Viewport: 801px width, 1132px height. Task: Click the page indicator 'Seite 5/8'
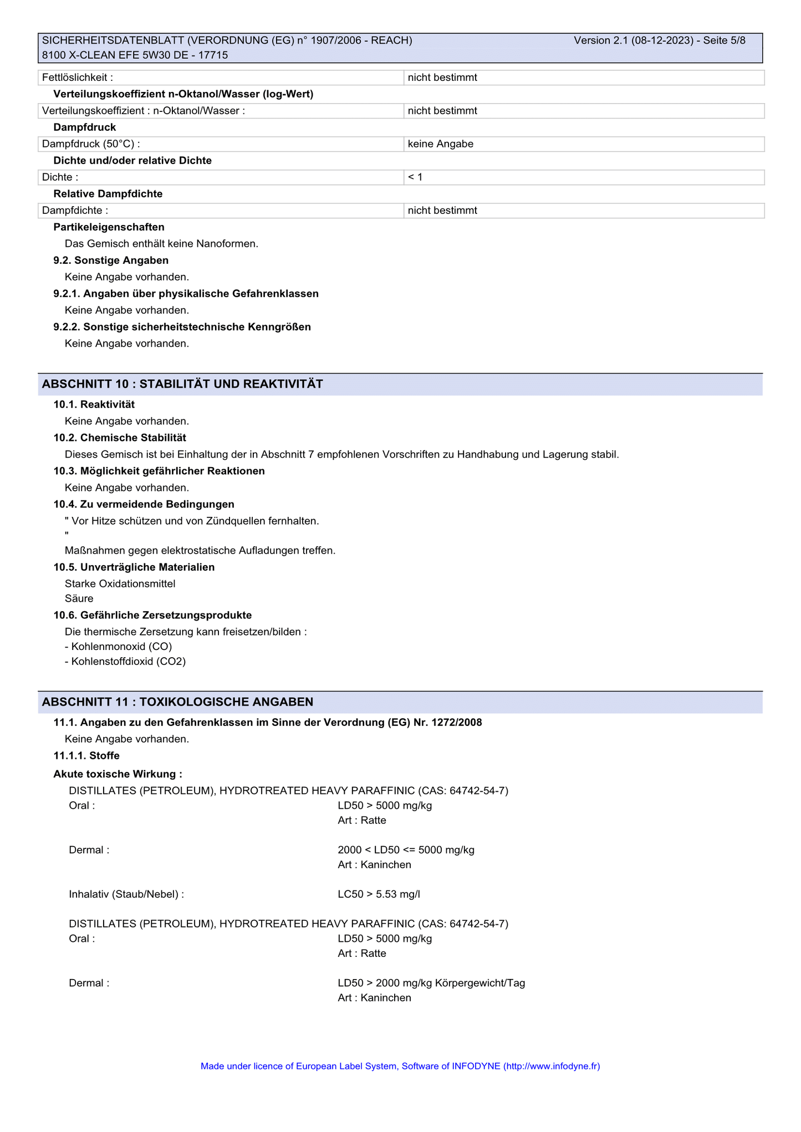pos(724,40)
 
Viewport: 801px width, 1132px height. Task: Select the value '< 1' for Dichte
pos(415,177)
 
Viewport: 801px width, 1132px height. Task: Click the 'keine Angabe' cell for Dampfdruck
pos(440,144)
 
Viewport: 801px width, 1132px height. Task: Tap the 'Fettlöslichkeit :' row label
pos(78,78)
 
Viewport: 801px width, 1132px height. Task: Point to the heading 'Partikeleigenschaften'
pos(109,227)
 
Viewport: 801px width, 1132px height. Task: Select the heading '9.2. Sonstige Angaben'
pos(111,260)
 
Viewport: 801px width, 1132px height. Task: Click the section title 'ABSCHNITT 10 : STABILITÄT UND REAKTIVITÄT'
pos(182,384)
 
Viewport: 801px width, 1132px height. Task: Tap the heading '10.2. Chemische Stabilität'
pos(120,438)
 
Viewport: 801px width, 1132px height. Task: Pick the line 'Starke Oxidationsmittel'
pos(120,583)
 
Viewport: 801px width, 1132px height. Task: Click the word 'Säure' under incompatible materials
pos(79,598)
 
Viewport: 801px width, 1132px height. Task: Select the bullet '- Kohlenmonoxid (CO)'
pos(118,647)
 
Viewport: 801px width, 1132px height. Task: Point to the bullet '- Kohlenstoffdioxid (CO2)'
pos(125,662)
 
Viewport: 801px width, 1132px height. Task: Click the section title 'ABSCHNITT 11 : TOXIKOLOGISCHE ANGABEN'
pos(177,702)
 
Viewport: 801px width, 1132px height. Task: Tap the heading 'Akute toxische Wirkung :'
pos(118,774)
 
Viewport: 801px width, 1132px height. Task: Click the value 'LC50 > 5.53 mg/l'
pos(379,894)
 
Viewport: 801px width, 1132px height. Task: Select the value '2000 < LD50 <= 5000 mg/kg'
pos(406,850)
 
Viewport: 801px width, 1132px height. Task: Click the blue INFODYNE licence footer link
pos(400,1066)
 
